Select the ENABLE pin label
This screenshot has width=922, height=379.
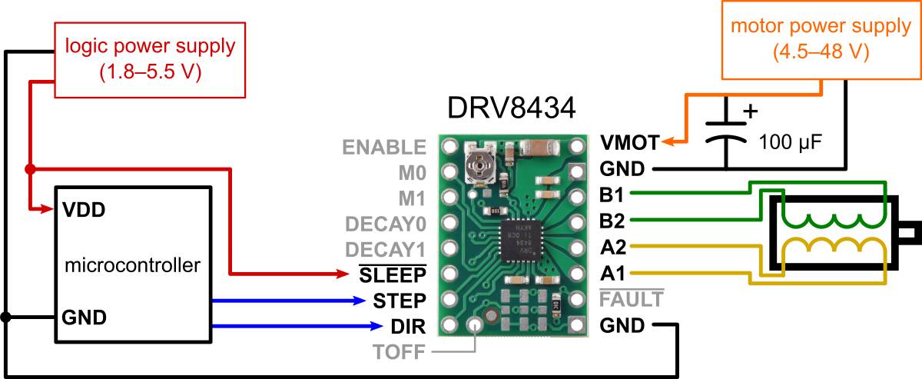coord(383,146)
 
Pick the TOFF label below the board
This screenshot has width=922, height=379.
coord(399,353)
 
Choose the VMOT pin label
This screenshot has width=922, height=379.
coord(628,143)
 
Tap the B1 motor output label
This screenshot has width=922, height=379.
coord(612,194)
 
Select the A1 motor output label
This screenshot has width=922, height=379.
coord(612,274)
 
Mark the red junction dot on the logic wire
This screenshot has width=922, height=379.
coord(29,168)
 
